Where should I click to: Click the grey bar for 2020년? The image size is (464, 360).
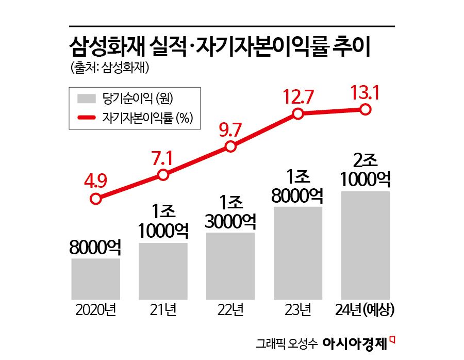[96, 279]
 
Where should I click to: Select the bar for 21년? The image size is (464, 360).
[163, 271]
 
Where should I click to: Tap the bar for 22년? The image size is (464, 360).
[230, 266]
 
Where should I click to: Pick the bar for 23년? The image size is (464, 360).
[298, 253]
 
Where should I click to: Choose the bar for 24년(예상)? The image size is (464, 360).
[365, 245]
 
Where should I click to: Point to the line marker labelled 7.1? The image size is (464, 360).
[163, 175]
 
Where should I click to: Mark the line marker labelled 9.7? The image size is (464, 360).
[230, 148]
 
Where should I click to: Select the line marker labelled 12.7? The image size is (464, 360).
[298, 114]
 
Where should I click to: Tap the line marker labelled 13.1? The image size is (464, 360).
[366, 109]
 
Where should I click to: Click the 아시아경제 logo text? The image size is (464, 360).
[355, 342]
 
